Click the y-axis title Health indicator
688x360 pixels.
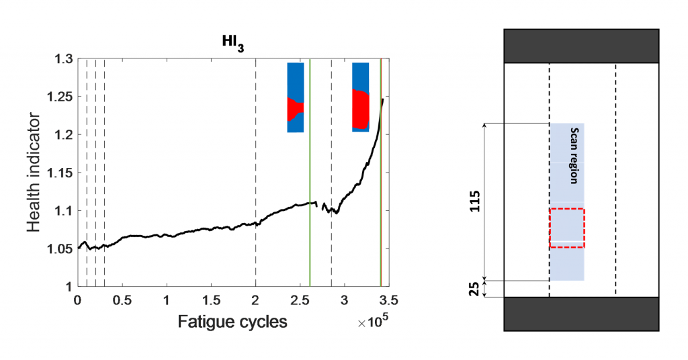click(x=35, y=173)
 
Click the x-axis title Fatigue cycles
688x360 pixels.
click(x=232, y=322)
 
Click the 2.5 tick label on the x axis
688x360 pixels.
click(x=300, y=298)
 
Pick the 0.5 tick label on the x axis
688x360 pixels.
click(x=122, y=298)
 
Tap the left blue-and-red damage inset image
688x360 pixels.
click(x=296, y=97)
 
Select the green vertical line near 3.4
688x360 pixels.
click(x=381, y=201)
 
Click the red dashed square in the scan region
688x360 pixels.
click(x=567, y=228)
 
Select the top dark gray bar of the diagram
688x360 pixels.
click(x=580, y=46)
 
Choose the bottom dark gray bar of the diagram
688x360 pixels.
click(x=580, y=314)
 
